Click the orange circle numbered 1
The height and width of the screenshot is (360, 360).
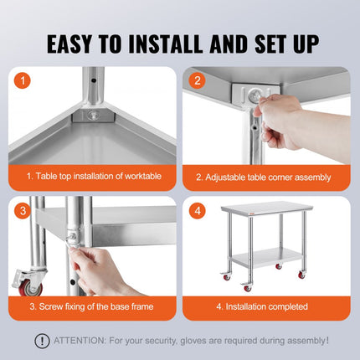(x=22, y=82)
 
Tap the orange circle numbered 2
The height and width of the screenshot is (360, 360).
(x=197, y=82)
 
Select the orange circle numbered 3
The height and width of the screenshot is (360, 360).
(x=22, y=210)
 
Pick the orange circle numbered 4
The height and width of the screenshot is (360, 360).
(x=197, y=210)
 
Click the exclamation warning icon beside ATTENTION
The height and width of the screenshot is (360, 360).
(x=41, y=341)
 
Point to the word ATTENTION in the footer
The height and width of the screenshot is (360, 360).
(x=80, y=341)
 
